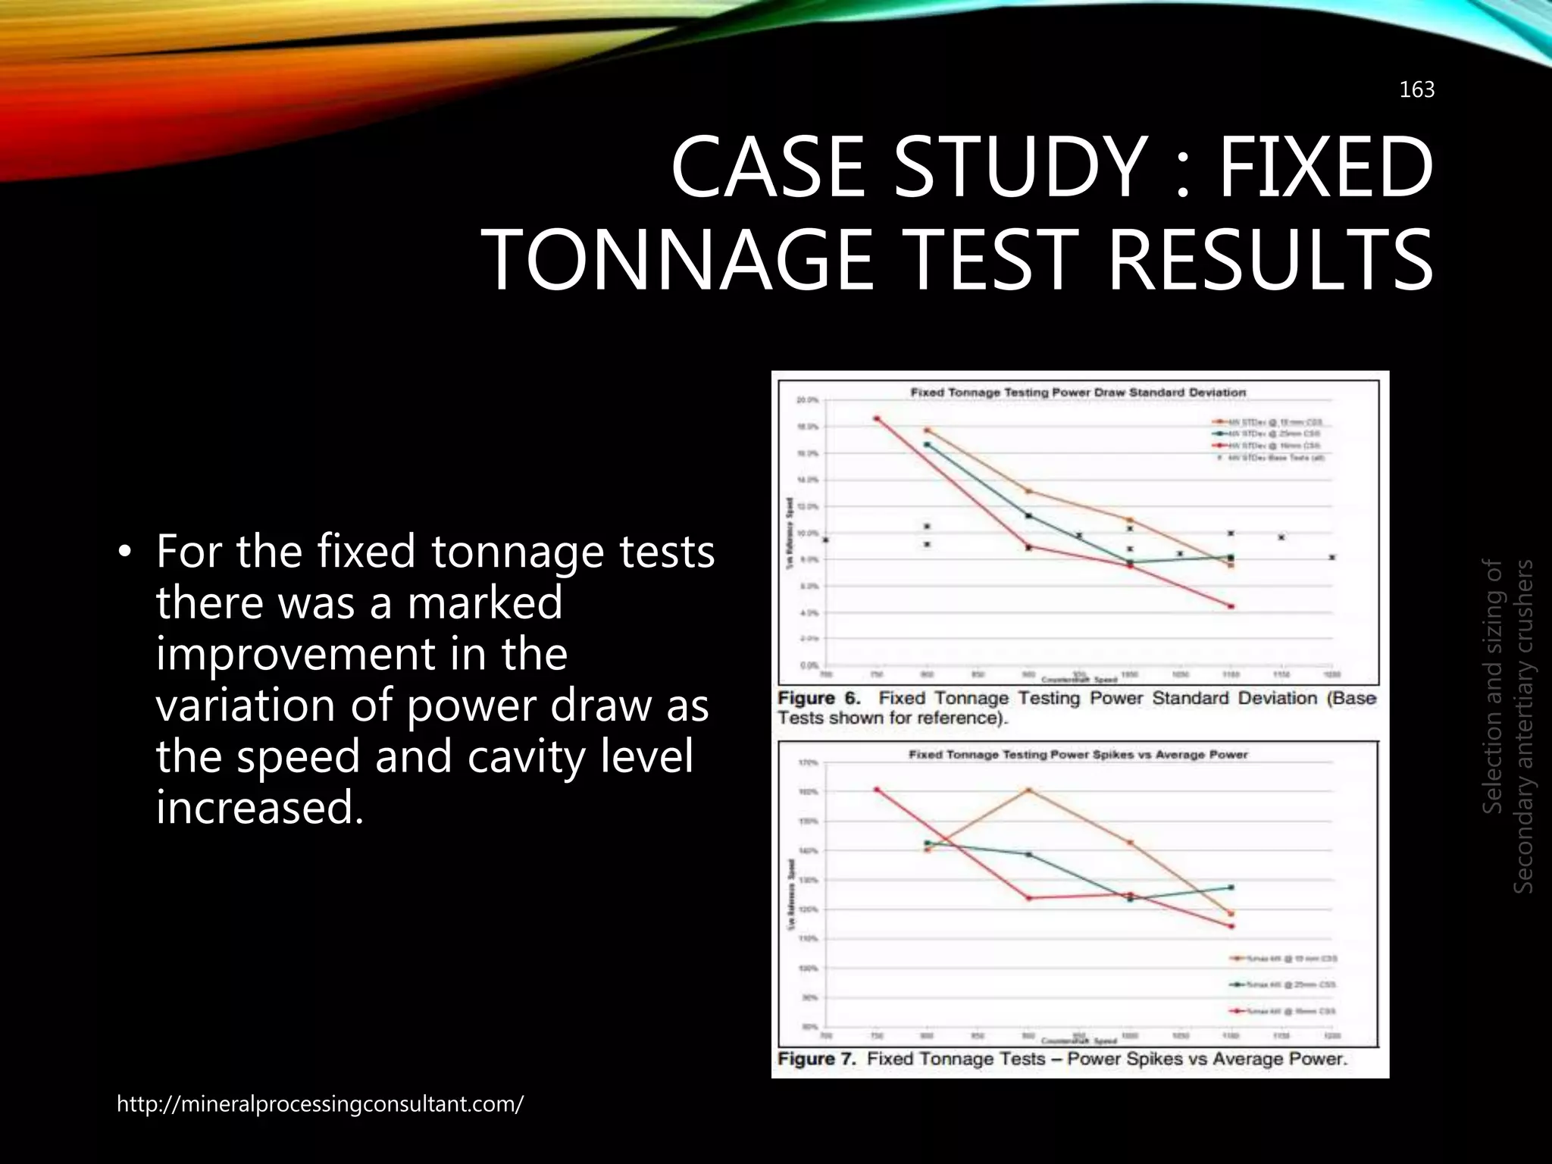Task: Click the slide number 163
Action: coord(1416,90)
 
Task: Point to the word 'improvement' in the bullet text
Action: coord(361,654)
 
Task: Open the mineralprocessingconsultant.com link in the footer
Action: coord(320,1104)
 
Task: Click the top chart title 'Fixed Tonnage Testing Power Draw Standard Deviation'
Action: coord(1078,393)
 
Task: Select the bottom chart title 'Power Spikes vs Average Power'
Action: coord(1078,755)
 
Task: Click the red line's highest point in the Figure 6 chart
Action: coord(877,418)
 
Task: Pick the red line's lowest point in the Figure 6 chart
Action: coord(1231,606)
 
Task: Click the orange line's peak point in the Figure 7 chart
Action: coord(1028,790)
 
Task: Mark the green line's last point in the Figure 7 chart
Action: coord(1231,887)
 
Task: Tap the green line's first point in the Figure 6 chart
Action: coord(927,444)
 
